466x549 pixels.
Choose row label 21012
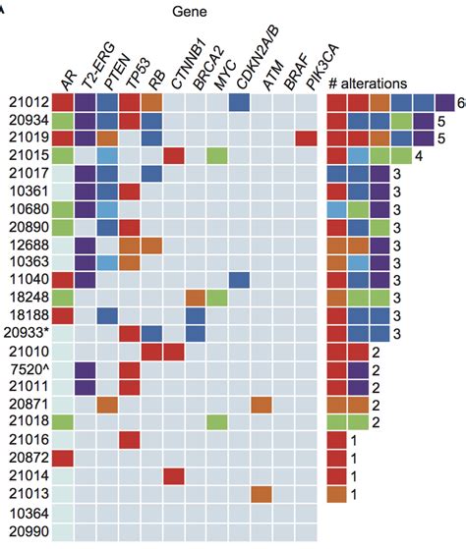click(x=28, y=102)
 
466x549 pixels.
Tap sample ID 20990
click(x=28, y=529)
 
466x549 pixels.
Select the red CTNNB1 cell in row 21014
click(x=173, y=475)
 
